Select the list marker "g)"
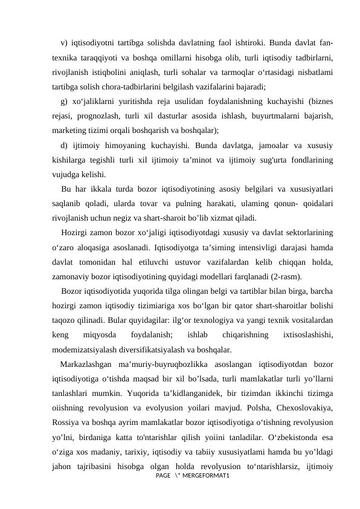(64, 101)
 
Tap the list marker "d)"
(64, 144)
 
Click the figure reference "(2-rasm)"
(283, 276)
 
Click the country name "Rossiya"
(66, 422)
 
